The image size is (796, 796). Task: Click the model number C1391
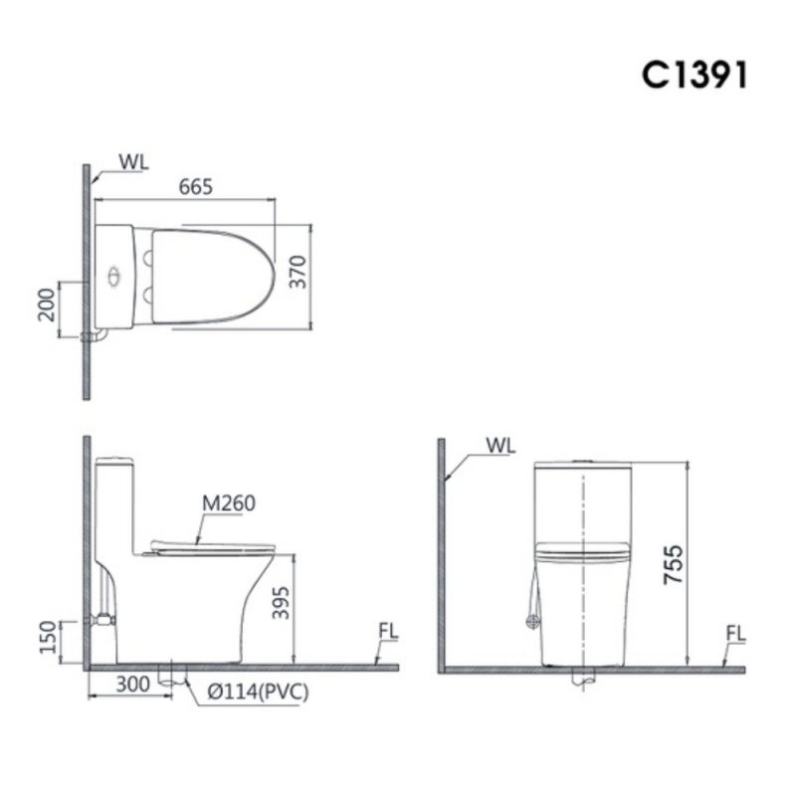tap(693, 77)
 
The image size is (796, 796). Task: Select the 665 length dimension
tap(196, 186)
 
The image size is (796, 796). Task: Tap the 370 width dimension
tap(298, 272)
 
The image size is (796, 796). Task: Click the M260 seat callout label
tap(229, 503)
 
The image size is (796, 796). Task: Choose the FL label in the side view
tap(388, 633)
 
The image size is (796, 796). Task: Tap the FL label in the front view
tap(735, 633)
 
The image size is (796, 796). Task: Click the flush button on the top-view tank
tap(115, 274)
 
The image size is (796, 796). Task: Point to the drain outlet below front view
tap(583, 680)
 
